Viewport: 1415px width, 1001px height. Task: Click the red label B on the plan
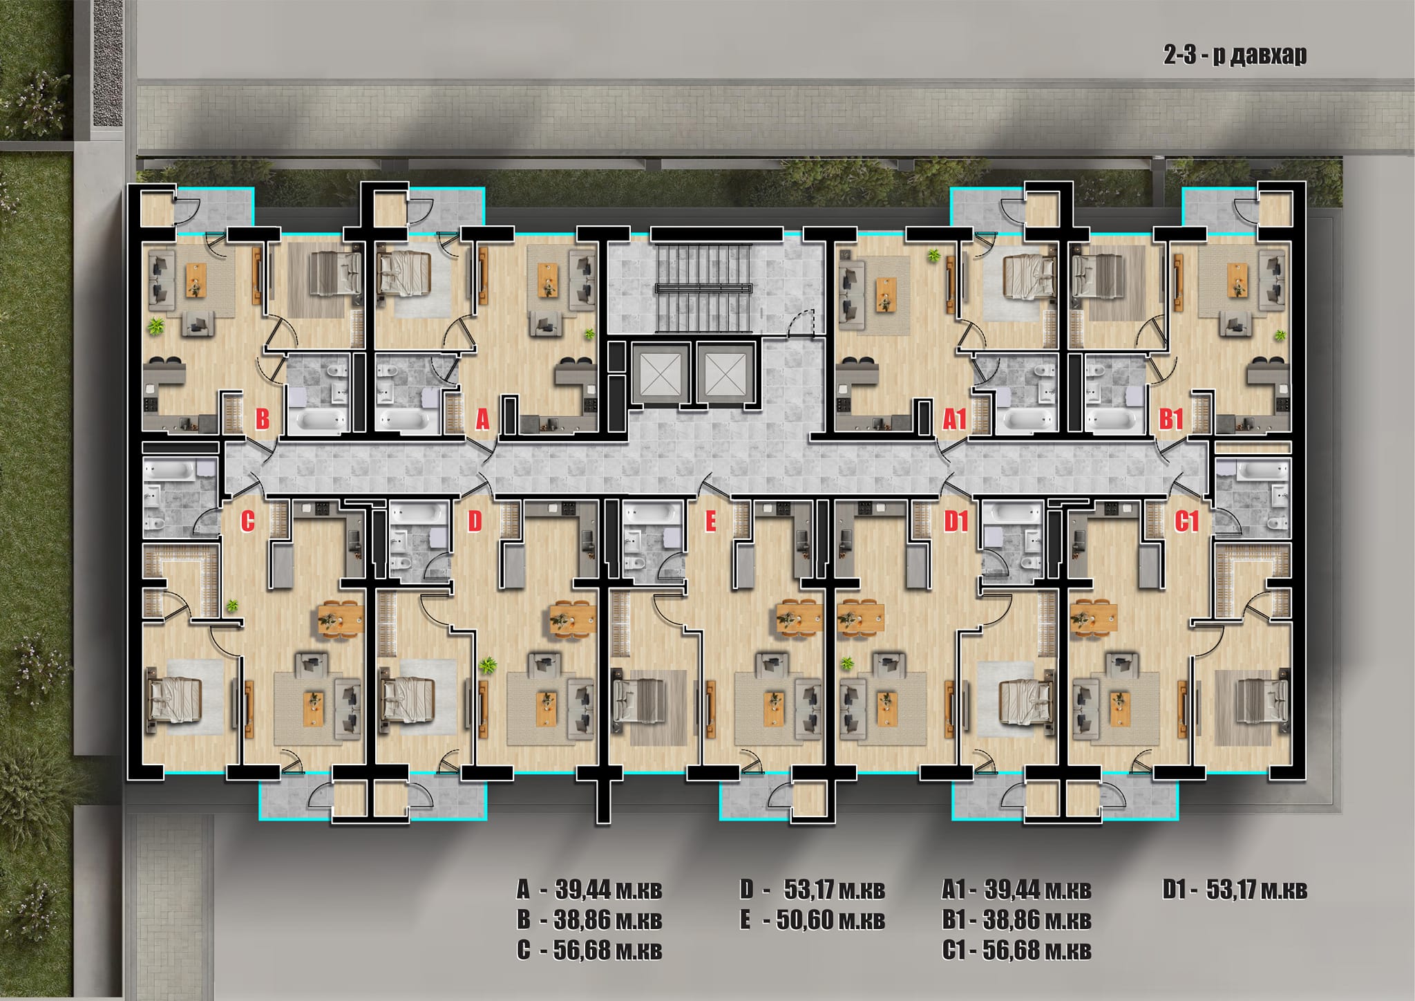click(x=262, y=419)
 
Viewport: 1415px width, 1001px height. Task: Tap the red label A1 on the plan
click(x=953, y=419)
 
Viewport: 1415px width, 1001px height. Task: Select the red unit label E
click(x=710, y=522)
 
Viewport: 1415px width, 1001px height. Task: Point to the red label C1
click(x=1186, y=521)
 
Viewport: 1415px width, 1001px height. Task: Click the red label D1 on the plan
click(x=956, y=521)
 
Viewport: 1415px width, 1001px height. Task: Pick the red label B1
click(x=1171, y=419)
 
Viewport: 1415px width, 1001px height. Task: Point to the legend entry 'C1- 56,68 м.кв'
click(x=1016, y=951)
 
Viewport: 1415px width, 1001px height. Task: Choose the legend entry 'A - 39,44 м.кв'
click(x=589, y=890)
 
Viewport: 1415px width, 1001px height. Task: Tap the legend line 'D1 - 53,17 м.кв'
click(x=1235, y=890)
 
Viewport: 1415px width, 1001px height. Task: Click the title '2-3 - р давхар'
click(x=1235, y=55)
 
